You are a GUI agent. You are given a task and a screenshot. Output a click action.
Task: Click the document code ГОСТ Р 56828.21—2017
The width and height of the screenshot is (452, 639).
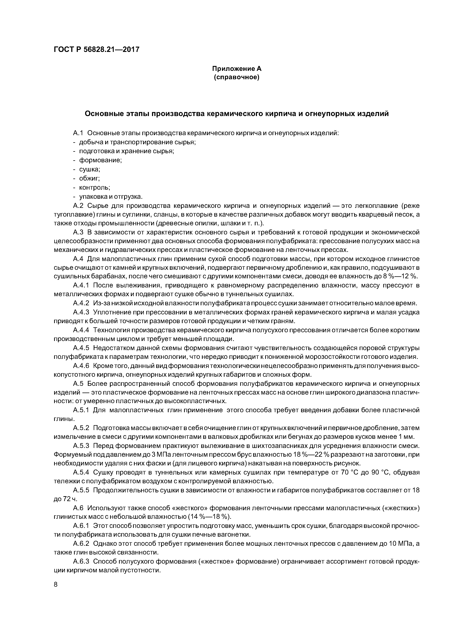96,50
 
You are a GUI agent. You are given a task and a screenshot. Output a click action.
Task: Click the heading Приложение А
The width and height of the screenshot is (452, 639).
236,68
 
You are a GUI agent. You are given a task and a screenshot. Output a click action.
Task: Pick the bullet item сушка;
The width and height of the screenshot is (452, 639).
90,169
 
